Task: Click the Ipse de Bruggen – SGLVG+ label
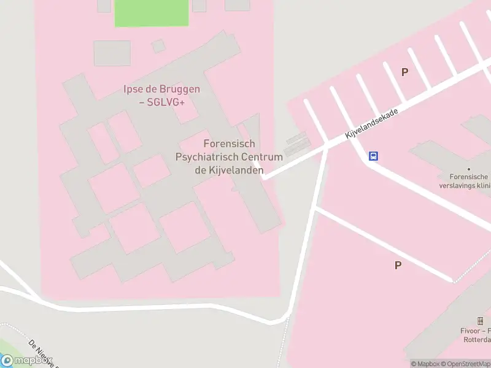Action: (x=162, y=96)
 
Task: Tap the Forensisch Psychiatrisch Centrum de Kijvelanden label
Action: (x=229, y=156)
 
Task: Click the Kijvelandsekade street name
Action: (x=372, y=124)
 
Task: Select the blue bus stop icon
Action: (x=373, y=156)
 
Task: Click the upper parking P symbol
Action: (x=404, y=72)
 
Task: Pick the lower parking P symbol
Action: (x=398, y=265)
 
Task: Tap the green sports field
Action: (x=151, y=12)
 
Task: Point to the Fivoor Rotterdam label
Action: (x=478, y=335)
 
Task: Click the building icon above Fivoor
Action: (x=481, y=320)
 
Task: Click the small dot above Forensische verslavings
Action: (x=469, y=168)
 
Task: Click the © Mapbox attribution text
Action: (x=425, y=364)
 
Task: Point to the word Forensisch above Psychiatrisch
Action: (x=229, y=144)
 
